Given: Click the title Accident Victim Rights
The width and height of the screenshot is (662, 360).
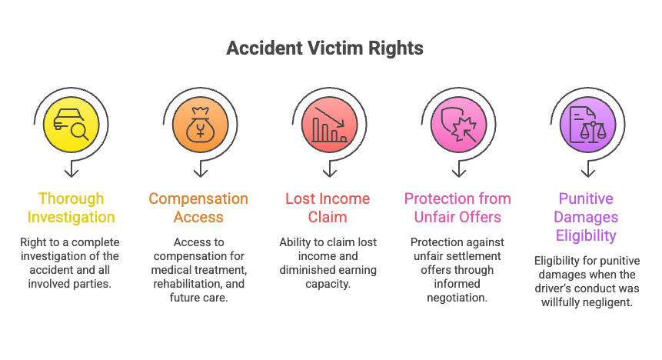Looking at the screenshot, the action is pyautogui.click(x=324, y=48).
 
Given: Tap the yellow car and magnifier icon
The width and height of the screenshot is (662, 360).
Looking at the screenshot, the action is pyautogui.click(x=71, y=124).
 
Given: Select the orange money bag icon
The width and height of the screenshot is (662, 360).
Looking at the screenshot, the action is pyautogui.click(x=201, y=124).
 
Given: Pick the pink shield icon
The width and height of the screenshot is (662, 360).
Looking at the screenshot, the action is pyautogui.click(x=459, y=124).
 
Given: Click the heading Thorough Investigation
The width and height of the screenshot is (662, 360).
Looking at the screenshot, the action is pyautogui.click(x=71, y=208).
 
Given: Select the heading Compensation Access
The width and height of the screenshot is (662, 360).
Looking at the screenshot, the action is pyautogui.click(x=198, y=208).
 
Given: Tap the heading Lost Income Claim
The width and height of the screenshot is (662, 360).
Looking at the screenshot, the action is pyautogui.click(x=328, y=208).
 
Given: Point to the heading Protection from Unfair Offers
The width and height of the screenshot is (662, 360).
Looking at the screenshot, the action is pyautogui.click(x=457, y=208).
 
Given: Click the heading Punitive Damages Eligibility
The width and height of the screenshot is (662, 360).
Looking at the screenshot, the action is pyautogui.click(x=586, y=217).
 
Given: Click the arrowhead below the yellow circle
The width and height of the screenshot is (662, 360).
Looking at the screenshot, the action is pyautogui.click(x=72, y=172).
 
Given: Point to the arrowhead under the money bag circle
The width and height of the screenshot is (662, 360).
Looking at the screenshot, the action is pyautogui.click(x=201, y=172).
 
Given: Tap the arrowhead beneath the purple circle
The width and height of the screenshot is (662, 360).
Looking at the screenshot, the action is pyautogui.click(x=588, y=172).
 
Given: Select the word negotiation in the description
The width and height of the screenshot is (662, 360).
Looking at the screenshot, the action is pyautogui.click(x=457, y=298).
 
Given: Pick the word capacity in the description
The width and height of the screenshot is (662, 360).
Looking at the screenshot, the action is pyautogui.click(x=328, y=284).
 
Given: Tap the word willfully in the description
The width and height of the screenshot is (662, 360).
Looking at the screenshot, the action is pyautogui.click(x=559, y=302).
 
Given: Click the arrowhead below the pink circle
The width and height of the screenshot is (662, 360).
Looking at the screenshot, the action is pyautogui.click(x=459, y=172).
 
